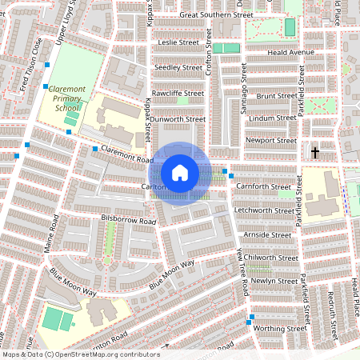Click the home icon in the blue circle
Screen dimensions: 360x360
point(180,173)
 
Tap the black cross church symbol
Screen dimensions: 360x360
point(314,151)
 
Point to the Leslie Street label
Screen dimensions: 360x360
point(178,42)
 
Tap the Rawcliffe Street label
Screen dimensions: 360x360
point(178,93)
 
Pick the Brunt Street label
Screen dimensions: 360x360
point(276,96)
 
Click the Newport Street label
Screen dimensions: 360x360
point(270,140)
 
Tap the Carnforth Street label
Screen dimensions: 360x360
point(264,186)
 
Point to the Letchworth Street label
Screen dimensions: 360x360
point(264,210)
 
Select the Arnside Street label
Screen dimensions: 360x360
point(268,235)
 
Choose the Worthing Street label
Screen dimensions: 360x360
point(279,328)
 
